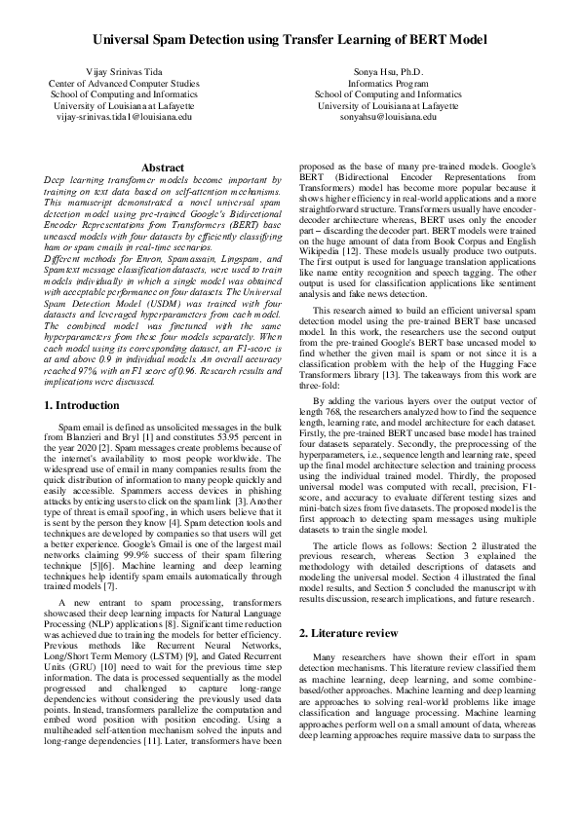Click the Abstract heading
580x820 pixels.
click(x=163, y=168)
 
